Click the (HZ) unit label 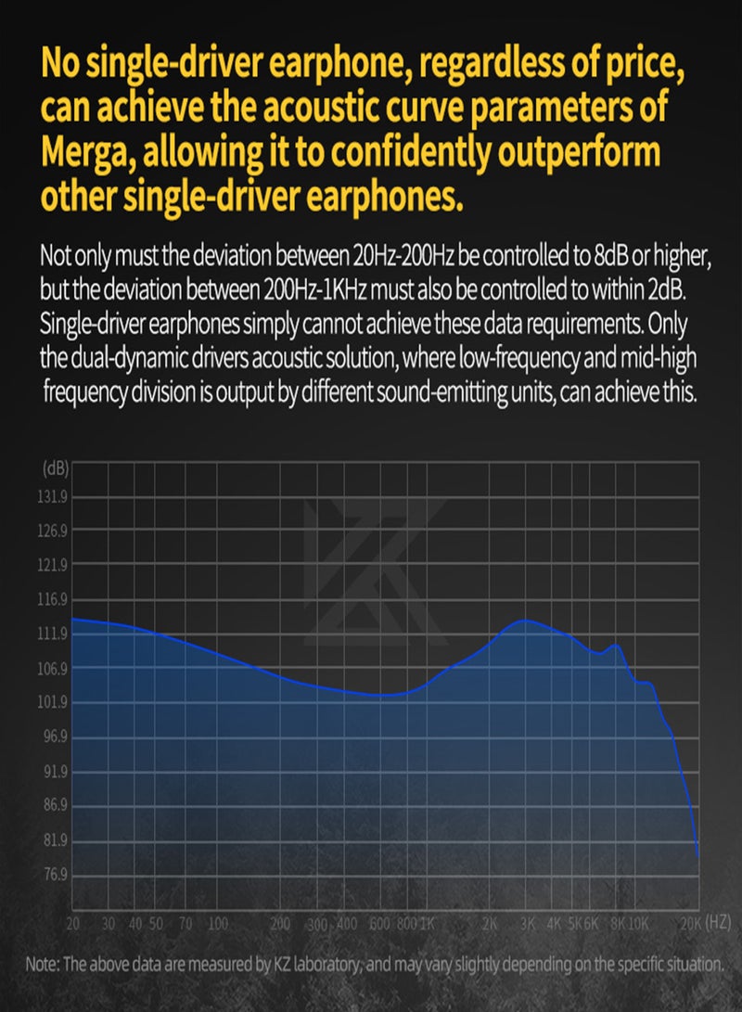pos(719,923)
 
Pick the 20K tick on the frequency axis pos(690,924)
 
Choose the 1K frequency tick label pos(428,924)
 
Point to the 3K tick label pos(528,924)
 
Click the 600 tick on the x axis pos(377,924)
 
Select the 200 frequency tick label pos(280,924)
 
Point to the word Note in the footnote pos(42,964)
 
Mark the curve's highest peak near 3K pos(526,620)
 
